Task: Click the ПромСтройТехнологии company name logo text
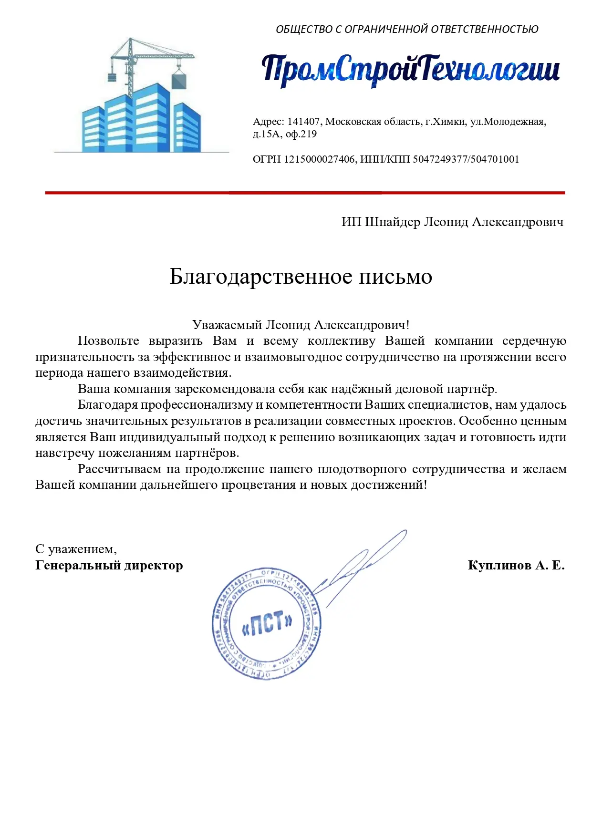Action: click(x=410, y=71)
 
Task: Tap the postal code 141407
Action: click(x=303, y=122)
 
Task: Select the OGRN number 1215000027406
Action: click(x=320, y=159)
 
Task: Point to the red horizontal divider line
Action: click(x=305, y=193)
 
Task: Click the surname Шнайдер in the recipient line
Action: click(x=392, y=222)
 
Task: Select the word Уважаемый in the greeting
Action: click(x=227, y=325)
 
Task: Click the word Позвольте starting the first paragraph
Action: click(x=108, y=341)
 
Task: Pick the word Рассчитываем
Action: click(x=119, y=469)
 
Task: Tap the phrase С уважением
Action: click(x=76, y=549)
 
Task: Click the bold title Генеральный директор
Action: click(x=109, y=566)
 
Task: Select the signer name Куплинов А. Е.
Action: click(x=516, y=566)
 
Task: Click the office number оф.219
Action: click(x=301, y=134)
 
